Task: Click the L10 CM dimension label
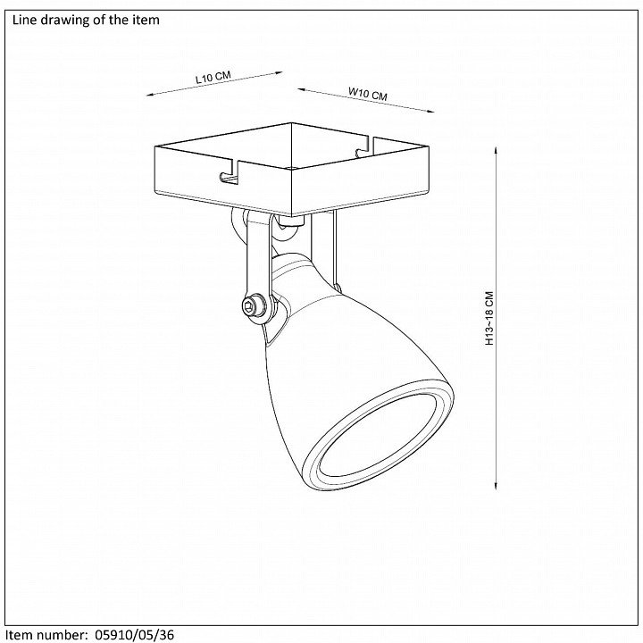[213, 77]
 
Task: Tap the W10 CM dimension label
[367, 94]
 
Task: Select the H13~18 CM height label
[489, 318]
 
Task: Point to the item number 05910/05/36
[135, 635]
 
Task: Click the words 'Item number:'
[46, 635]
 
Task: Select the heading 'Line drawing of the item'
[86, 20]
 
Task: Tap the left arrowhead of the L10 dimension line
[150, 95]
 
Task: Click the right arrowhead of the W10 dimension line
[430, 111]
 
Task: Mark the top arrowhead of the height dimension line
[497, 150]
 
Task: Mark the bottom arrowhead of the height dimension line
[497, 487]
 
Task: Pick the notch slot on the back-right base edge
[363, 146]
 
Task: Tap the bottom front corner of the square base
[291, 216]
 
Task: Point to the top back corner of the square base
[291, 123]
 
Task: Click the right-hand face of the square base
[360, 181]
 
